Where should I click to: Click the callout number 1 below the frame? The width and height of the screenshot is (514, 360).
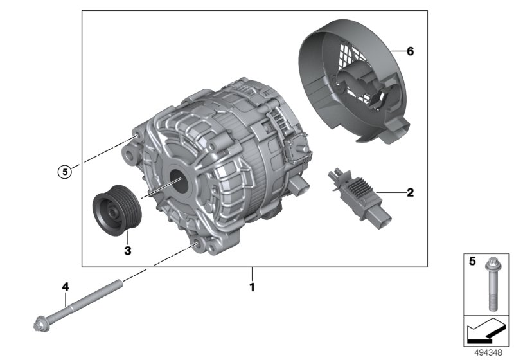[x=252, y=287]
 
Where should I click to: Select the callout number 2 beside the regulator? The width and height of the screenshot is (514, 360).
[x=410, y=192]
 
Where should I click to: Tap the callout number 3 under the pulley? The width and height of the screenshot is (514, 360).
[x=128, y=251]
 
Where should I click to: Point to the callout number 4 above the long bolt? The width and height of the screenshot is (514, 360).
[x=66, y=287]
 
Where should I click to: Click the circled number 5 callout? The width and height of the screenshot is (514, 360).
[x=65, y=172]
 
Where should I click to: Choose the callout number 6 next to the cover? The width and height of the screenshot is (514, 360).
[x=410, y=51]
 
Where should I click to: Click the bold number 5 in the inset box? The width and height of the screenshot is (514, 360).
[x=472, y=261]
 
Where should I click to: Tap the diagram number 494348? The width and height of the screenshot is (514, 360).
[x=488, y=352]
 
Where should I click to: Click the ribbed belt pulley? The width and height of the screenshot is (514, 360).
[x=116, y=210]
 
